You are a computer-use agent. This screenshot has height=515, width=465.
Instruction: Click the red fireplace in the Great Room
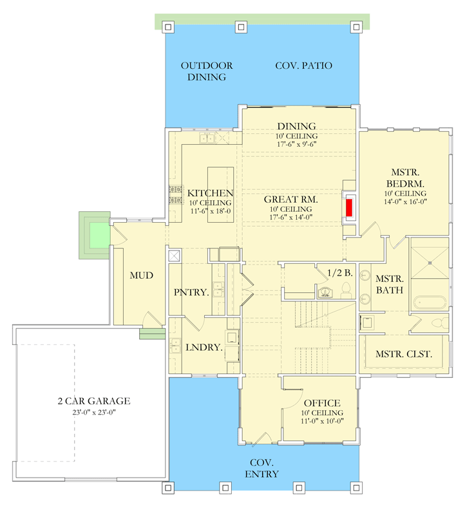349,207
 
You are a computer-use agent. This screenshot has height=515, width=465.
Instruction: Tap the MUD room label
141,276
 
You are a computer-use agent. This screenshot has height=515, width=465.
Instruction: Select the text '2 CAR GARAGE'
93,401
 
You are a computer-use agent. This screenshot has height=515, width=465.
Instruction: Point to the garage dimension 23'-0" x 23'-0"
93,413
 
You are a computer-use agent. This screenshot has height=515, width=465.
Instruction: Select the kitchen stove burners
175,195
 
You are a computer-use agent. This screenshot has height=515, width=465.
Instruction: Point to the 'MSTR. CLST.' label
404,354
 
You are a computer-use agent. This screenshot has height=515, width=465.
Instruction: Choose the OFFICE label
321,403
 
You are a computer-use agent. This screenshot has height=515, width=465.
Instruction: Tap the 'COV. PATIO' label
303,66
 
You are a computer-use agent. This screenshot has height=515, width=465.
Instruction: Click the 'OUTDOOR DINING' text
207,71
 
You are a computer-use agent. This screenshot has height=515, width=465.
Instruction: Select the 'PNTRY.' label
191,292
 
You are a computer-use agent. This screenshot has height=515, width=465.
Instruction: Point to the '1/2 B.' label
339,273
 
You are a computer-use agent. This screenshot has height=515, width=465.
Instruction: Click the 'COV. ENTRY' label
262,469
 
